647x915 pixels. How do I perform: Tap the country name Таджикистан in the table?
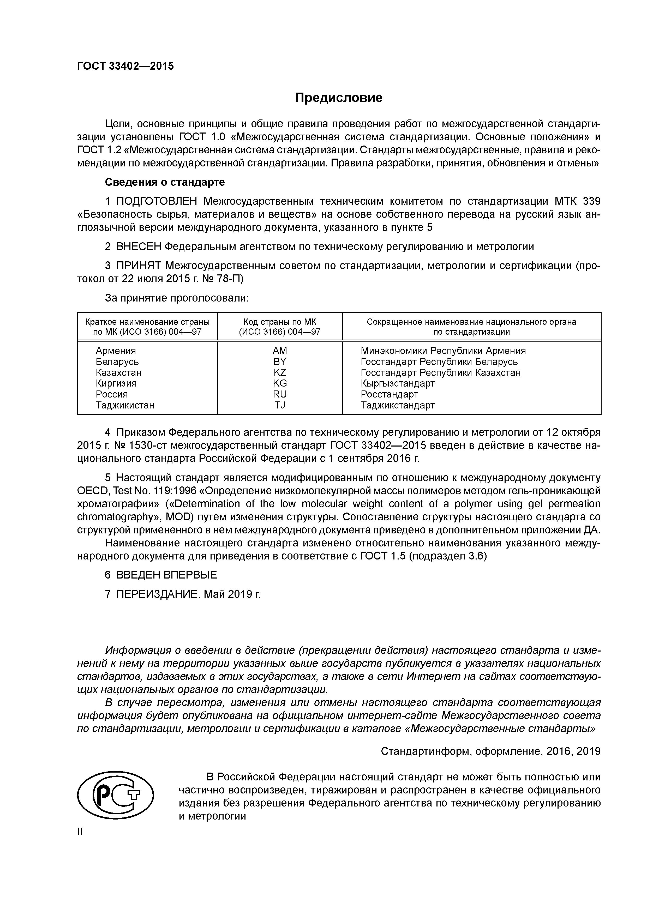pos(125,405)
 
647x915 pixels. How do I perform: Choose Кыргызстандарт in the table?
pos(397,383)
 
